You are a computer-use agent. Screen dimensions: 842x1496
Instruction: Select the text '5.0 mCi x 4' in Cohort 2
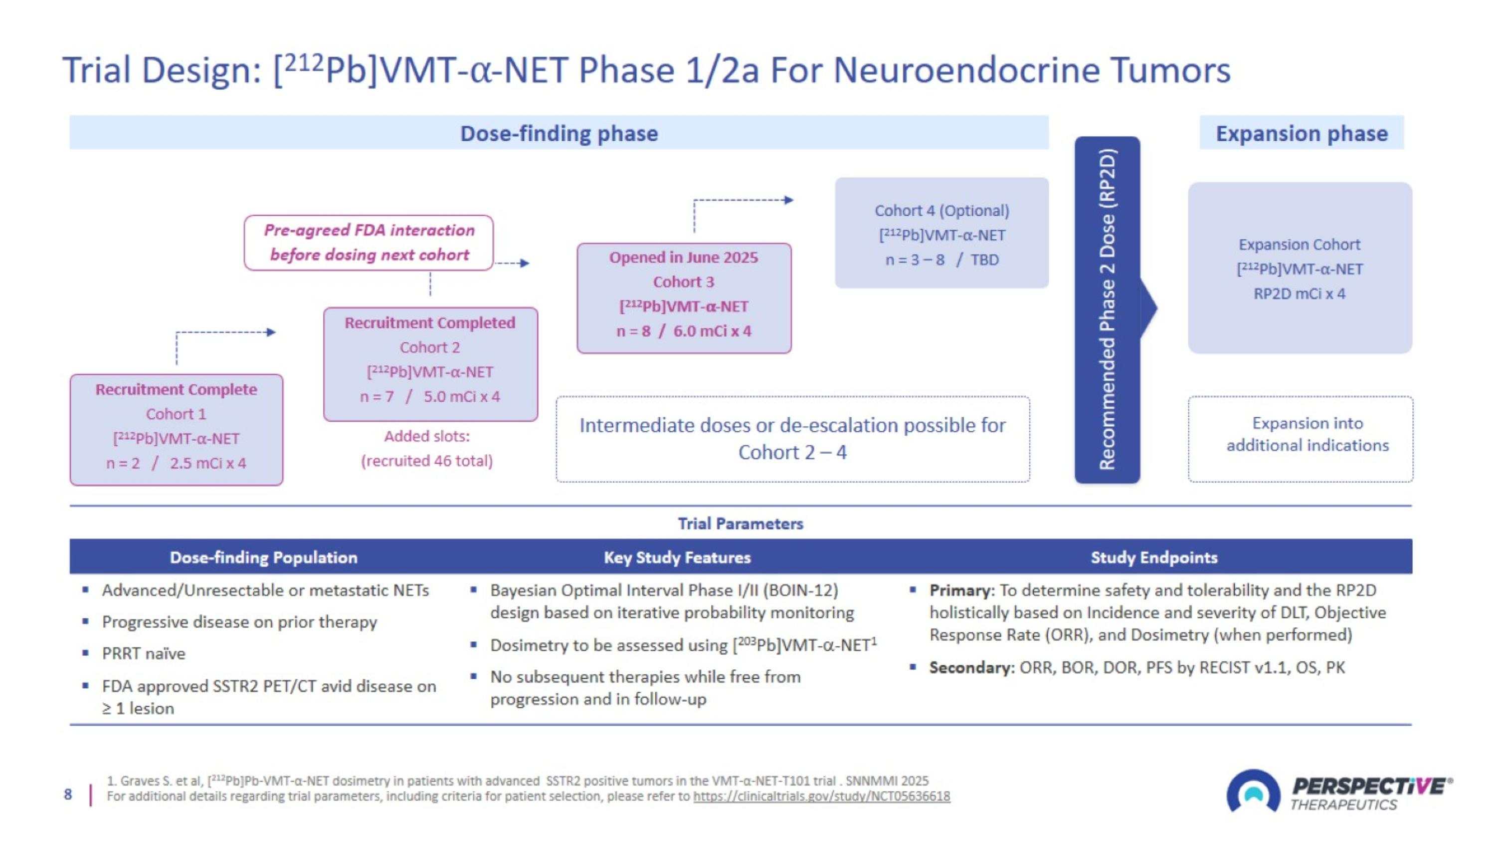click(x=461, y=396)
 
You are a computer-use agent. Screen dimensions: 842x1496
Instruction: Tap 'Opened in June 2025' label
click(x=683, y=258)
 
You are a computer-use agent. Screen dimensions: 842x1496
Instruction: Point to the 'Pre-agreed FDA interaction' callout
click(x=369, y=242)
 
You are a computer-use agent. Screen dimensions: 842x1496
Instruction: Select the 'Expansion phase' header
click(x=1302, y=133)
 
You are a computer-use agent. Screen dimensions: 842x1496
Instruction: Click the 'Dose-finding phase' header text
click(x=559, y=133)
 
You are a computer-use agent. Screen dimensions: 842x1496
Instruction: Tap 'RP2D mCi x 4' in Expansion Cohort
click(x=1299, y=293)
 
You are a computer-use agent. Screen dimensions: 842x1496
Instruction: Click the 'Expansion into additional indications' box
click(x=1301, y=439)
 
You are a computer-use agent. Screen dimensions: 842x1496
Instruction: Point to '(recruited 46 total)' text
click(x=427, y=461)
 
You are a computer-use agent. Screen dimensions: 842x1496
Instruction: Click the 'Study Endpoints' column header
click(x=1153, y=558)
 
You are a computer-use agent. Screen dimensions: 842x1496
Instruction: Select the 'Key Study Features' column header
click(x=677, y=558)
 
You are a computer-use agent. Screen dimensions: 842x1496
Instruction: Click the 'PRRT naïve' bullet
click(x=144, y=653)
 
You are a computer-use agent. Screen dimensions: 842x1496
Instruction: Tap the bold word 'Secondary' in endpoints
click(x=970, y=667)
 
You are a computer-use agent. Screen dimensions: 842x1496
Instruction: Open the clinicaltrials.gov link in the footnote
click(x=821, y=796)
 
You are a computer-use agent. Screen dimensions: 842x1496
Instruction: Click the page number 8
click(x=68, y=795)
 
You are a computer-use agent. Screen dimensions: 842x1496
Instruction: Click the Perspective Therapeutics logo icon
click(x=1253, y=792)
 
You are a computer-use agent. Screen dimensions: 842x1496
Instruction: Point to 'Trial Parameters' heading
click(x=741, y=524)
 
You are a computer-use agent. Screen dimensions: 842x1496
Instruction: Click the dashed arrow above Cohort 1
click(x=223, y=333)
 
